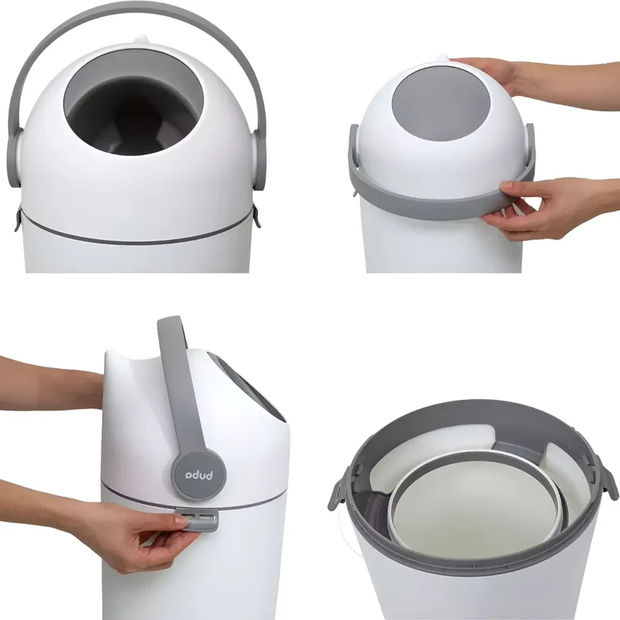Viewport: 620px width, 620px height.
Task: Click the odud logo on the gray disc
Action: click(x=200, y=475)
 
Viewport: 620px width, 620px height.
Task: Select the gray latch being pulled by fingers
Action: click(x=197, y=519)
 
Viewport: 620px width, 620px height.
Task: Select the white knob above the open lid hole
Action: click(x=141, y=39)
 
